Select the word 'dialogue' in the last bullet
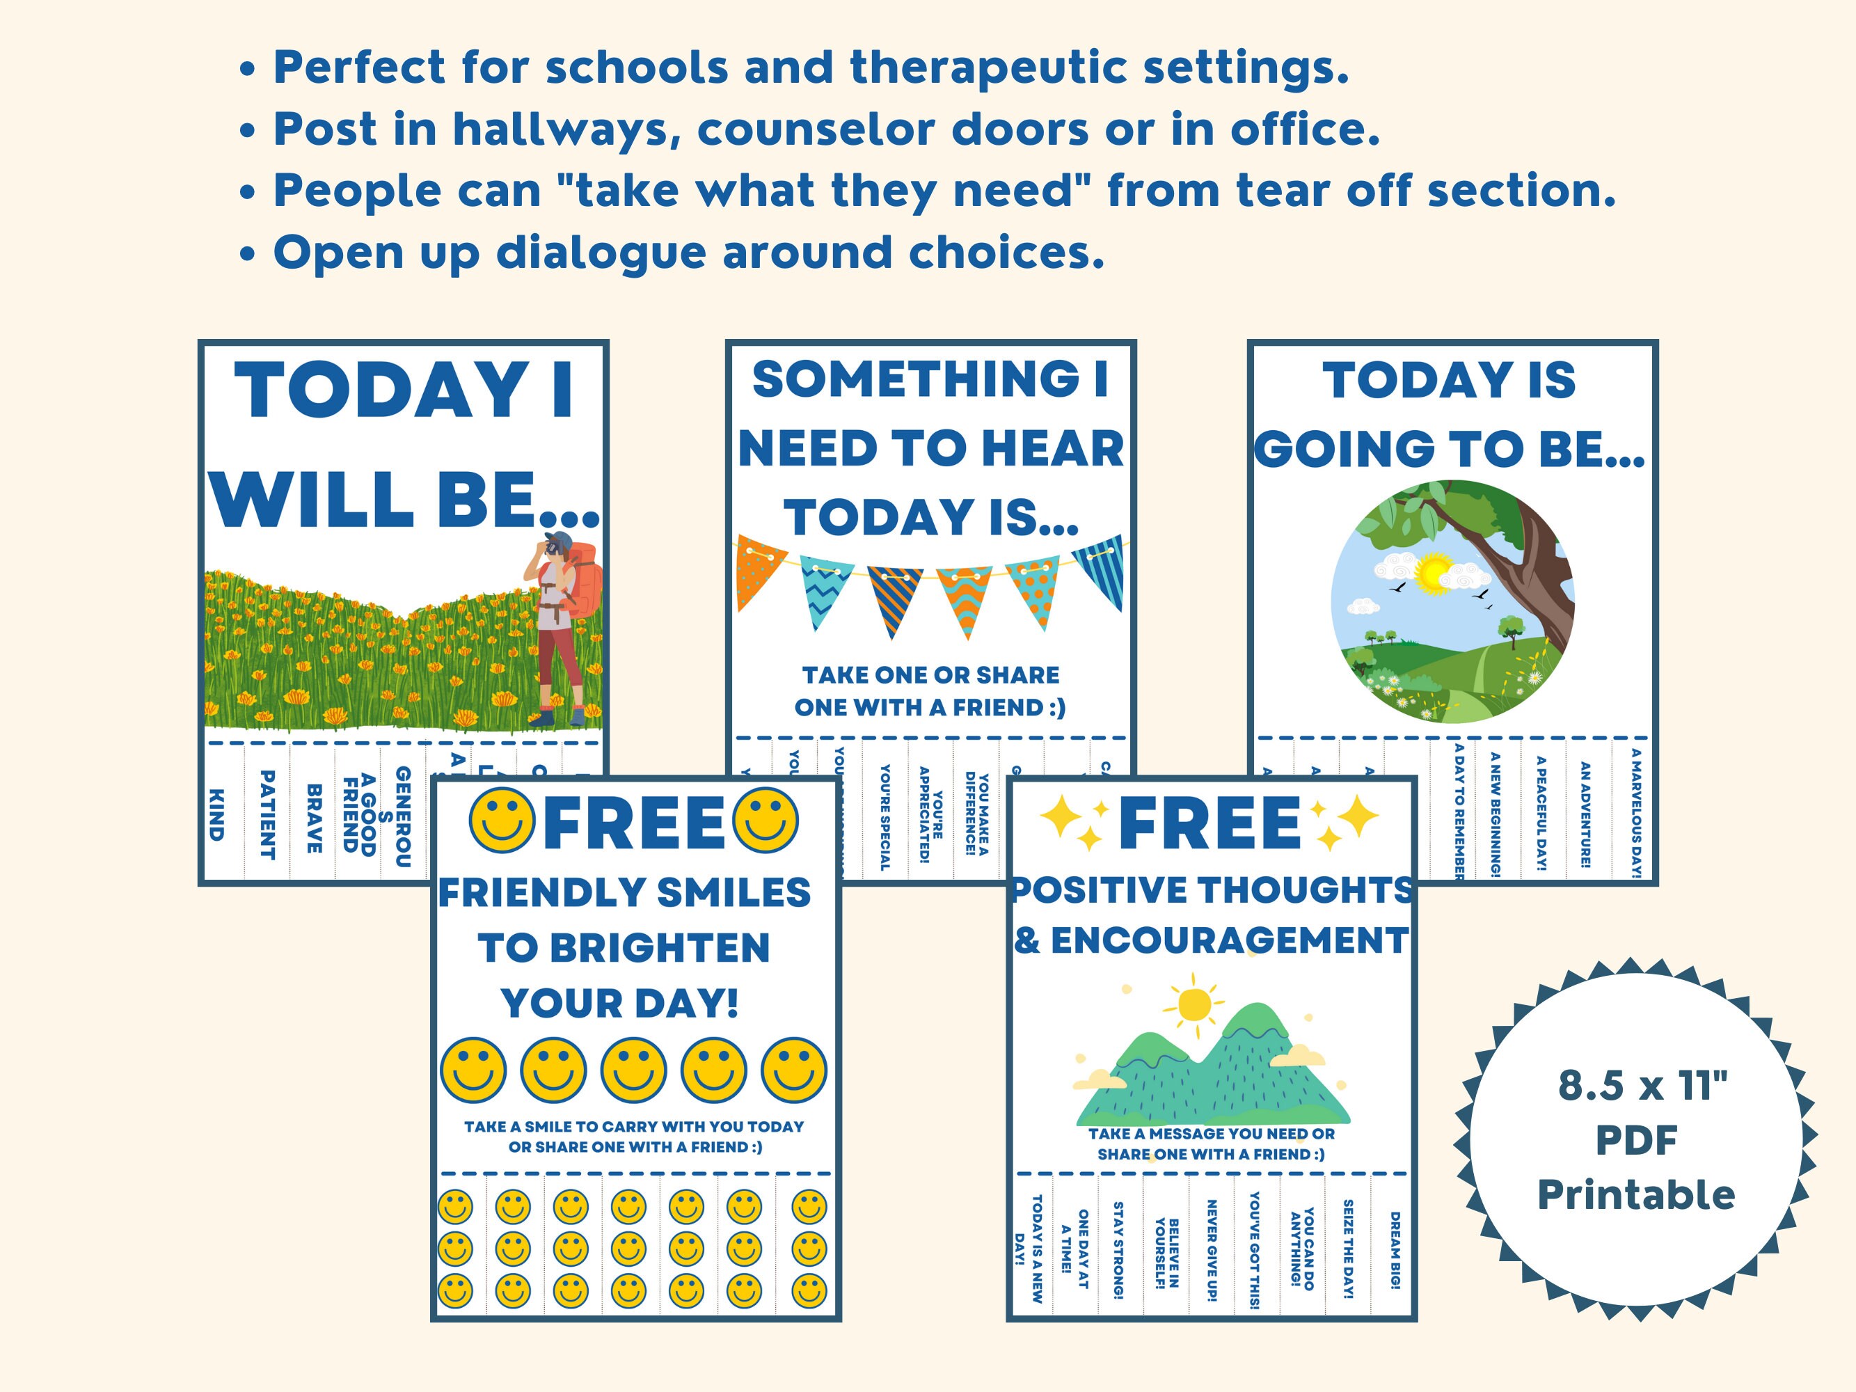601,253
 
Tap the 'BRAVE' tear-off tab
314,818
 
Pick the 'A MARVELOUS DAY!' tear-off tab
1635,813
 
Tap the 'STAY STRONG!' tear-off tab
1118,1250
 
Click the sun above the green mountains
1193,1004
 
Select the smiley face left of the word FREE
501,820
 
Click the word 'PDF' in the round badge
1635,1139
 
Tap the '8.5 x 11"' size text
1643,1085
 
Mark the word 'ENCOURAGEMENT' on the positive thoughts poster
1228,940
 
